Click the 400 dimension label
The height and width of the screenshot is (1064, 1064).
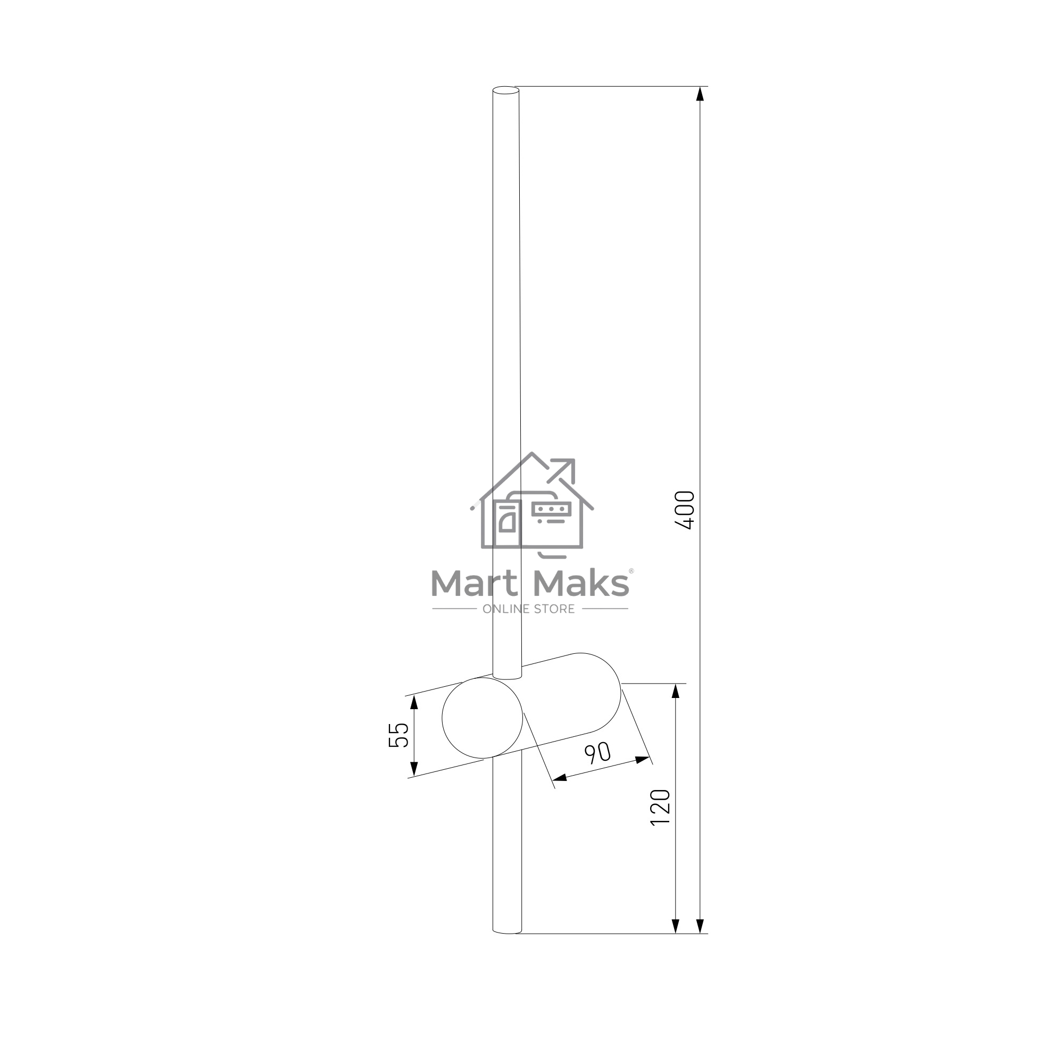pyautogui.click(x=685, y=510)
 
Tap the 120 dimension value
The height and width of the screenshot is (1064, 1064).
pyautogui.click(x=660, y=808)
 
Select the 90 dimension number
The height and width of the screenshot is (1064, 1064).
pyautogui.click(x=597, y=753)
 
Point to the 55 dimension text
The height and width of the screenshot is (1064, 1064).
pyautogui.click(x=398, y=735)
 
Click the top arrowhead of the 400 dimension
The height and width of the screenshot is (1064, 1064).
pyautogui.click(x=700, y=94)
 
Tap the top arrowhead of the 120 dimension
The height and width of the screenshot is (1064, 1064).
pyautogui.click(x=676, y=691)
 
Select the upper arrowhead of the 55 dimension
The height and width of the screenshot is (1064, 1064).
pyautogui.click(x=414, y=702)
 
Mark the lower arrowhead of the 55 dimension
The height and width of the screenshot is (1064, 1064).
pyautogui.click(x=414, y=769)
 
